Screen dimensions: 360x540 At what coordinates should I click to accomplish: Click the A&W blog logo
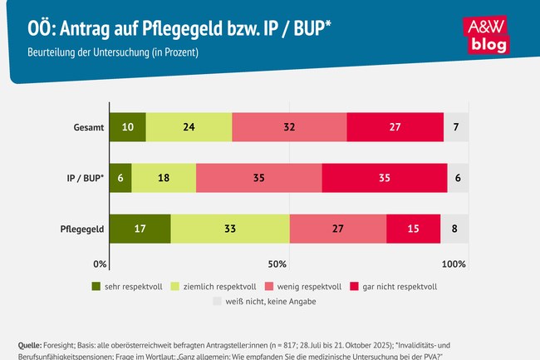(x=488, y=37)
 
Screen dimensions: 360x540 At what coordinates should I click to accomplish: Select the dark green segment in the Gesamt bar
(x=127, y=127)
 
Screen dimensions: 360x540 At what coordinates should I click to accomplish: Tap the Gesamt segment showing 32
(x=289, y=127)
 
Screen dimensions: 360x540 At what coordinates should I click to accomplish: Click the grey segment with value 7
(x=456, y=127)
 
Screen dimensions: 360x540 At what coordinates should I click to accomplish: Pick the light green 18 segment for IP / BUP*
(x=164, y=178)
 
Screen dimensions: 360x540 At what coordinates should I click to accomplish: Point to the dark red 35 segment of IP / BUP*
(x=385, y=178)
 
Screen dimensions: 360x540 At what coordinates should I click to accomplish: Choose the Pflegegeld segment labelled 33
(x=230, y=229)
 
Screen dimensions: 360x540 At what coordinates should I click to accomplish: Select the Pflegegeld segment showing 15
(x=413, y=229)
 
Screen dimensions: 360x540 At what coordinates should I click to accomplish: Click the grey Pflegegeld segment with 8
(x=454, y=229)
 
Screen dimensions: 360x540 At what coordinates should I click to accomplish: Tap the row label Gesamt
(x=88, y=127)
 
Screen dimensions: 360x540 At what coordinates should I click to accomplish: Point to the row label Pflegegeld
(x=81, y=229)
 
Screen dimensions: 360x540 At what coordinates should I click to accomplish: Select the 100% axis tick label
(x=454, y=264)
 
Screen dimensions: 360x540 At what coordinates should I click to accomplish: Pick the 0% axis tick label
(x=101, y=264)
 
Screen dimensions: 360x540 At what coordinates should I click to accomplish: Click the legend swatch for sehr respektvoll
(x=96, y=286)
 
